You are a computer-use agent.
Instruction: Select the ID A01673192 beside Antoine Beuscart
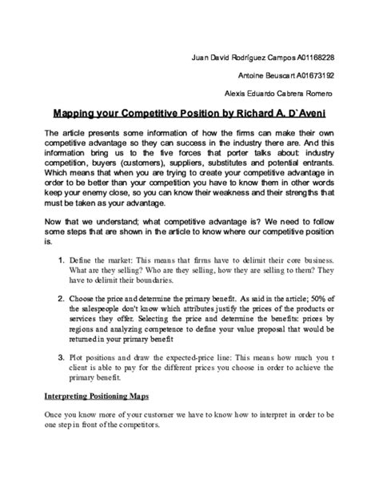(x=307, y=75)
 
